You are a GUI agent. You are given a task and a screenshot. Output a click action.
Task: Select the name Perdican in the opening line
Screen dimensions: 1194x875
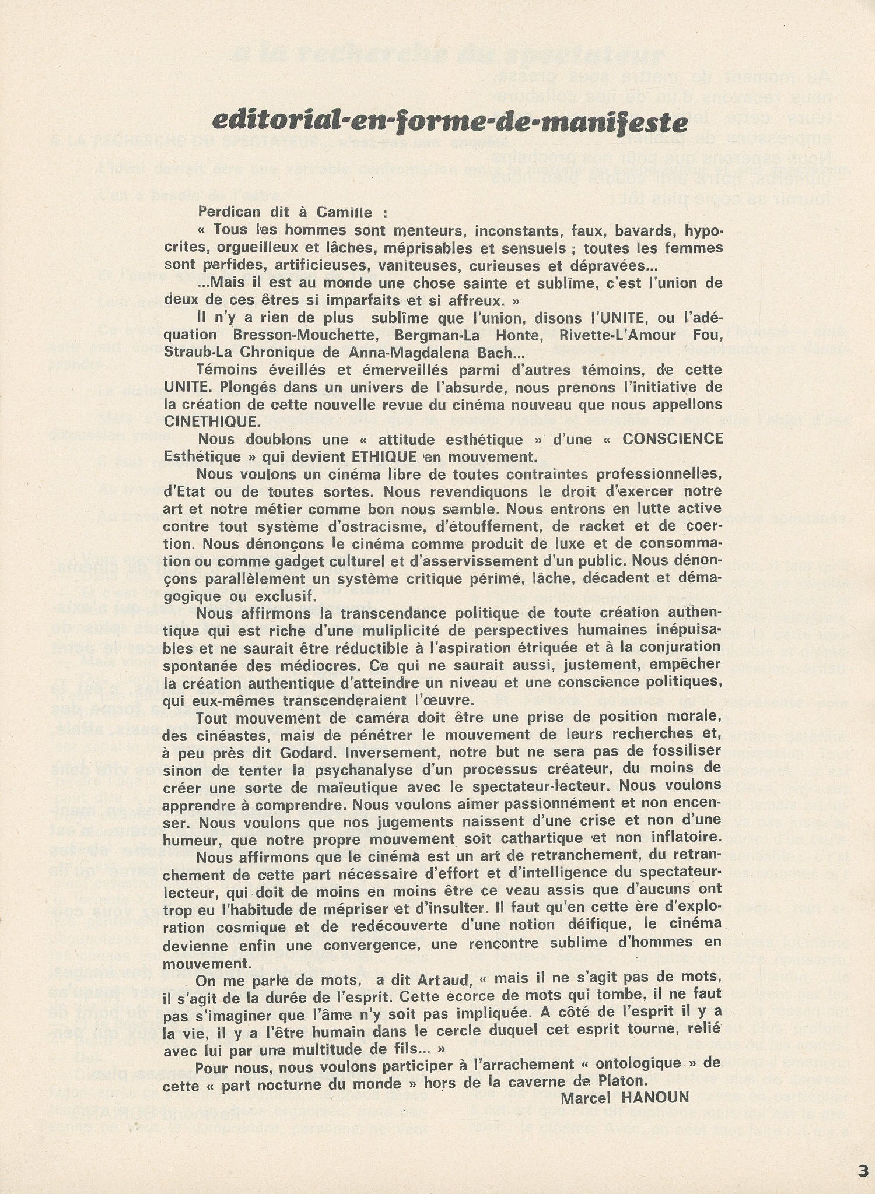click(x=228, y=212)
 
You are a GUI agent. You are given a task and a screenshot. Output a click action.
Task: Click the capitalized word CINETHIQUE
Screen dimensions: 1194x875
click(x=209, y=421)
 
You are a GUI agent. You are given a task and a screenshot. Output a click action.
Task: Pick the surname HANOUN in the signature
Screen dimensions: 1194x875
click(x=657, y=1097)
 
